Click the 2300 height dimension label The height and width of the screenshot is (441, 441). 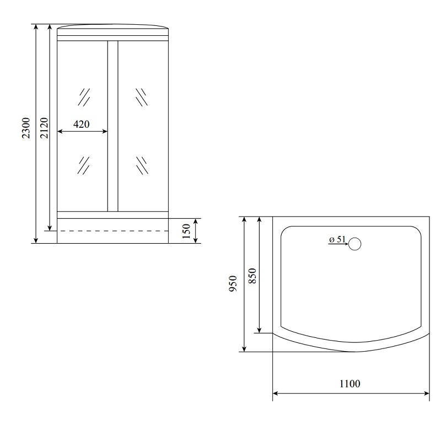pyautogui.click(x=26, y=128)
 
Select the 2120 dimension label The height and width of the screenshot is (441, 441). pyautogui.click(x=45, y=128)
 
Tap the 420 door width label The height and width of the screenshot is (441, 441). pyautogui.click(x=81, y=124)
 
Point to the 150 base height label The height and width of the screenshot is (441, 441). pyautogui.click(x=186, y=231)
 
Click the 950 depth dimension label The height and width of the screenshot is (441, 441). pyautogui.click(x=233, y=283)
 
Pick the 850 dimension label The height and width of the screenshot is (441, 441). pyautogui.click(x=252, y=276)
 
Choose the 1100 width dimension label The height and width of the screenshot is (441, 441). pyautogui.click(x=349, y=384)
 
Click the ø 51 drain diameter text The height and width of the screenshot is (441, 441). pyautogui.click(x=337, y=239)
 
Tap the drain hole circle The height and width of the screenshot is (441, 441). pyautogui.click(x=354, y=244)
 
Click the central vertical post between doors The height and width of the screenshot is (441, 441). pyautogui.click(x=113, y=126)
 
